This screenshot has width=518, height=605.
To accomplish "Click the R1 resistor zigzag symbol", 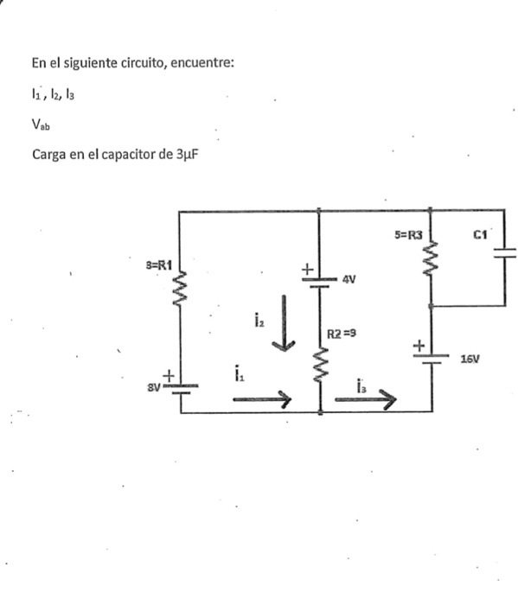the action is (180, 289).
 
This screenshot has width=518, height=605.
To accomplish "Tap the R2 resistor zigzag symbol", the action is (321, 364).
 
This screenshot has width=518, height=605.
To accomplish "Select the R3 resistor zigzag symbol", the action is (431, 258).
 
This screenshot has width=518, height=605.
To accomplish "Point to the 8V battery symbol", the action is (181, 389).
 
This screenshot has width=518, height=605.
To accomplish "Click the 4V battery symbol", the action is (320, 283).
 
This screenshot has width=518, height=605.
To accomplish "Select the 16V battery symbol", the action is (432, 359).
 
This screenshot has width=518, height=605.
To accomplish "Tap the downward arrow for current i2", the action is (284, 323).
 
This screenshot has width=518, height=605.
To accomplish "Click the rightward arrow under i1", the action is (262, 399).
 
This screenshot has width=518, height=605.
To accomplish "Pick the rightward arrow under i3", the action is (366, 399).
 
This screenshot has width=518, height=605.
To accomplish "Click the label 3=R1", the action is (158, 265).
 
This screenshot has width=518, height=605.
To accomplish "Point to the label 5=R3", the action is (408, 234).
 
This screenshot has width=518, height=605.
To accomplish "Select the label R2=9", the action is (342, 334).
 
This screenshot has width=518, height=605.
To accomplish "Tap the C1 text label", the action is (480, 234).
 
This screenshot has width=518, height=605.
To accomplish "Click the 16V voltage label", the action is (470, 360).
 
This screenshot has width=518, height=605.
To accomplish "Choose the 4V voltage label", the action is (349, 279).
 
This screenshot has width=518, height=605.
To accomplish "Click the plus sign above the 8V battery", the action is (169, 376).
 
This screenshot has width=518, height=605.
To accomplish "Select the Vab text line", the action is (41, 124).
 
